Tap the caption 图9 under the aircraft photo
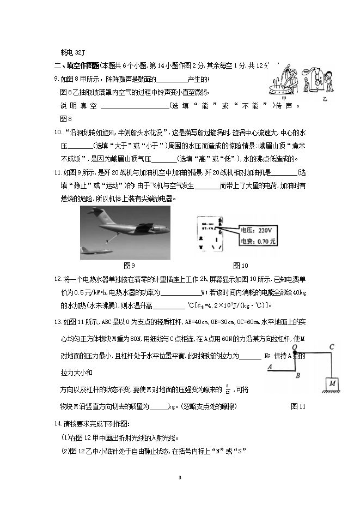tap(129, 266)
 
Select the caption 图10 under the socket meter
tap(240, 266)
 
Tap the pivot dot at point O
tap(294, 353)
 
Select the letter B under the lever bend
tap(297, 375)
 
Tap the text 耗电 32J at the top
tap(73, 52)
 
